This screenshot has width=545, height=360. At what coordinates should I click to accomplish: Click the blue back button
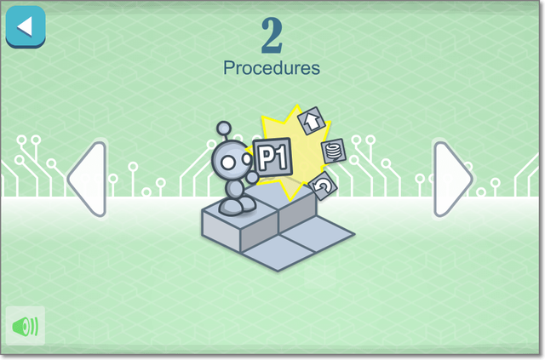coord(26,26)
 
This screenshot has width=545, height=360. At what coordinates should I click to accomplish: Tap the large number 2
coord(272,36)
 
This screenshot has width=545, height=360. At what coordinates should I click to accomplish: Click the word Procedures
coord(272,68)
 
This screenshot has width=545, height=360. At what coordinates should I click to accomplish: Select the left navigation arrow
coord(87,180)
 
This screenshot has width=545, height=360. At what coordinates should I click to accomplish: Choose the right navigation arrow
coord(453,180)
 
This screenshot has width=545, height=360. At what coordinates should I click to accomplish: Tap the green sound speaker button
coord(26,326)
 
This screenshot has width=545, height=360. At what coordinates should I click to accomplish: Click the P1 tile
coord(272,157)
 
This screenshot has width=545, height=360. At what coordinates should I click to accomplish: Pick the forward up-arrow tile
coord(312,121)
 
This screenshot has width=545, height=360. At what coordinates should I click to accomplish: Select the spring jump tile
coord(334,151)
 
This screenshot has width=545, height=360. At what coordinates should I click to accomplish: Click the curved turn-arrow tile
coord(323,186)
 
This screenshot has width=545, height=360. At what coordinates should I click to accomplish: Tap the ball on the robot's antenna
coord(224,129)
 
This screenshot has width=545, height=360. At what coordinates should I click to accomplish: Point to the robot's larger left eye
coord(228,163)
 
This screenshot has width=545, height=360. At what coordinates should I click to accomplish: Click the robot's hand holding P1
coord(252,177)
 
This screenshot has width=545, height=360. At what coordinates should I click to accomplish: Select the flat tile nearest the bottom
coord(278,253)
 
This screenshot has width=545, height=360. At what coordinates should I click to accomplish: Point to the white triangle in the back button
coord(25,26)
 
